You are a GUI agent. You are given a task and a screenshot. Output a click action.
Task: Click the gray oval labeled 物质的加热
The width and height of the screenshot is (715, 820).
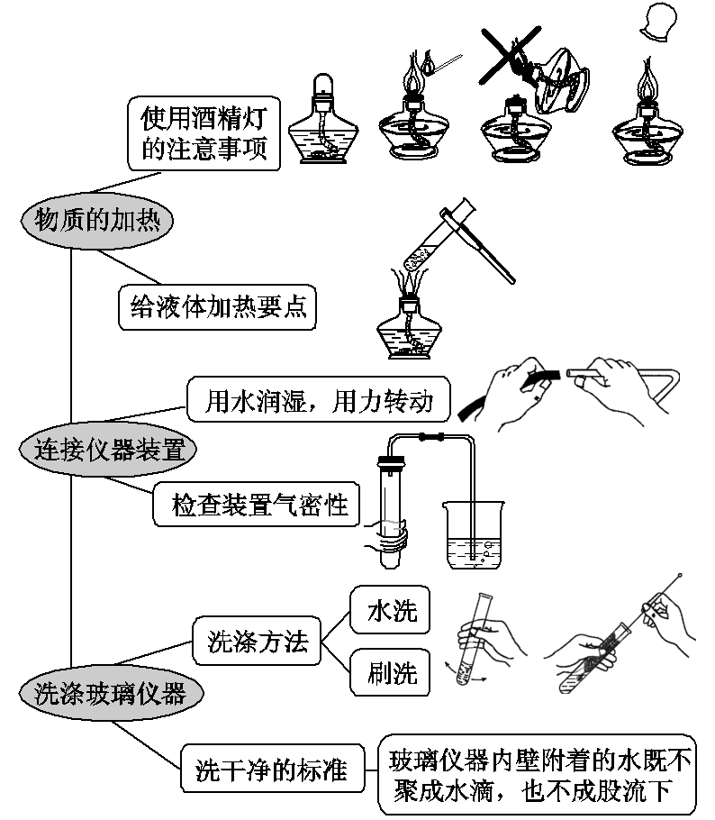(x=96, y=219)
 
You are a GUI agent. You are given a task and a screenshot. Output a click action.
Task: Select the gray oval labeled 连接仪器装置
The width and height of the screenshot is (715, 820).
(x=108, y=448)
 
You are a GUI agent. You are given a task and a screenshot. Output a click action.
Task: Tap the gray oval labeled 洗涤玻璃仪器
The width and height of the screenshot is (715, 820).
(x=109, y=692)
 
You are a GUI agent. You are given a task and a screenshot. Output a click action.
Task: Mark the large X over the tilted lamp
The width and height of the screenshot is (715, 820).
(x=510, y=55)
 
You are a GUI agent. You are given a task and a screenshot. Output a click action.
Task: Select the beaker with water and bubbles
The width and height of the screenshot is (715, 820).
(x=475, y=535)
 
